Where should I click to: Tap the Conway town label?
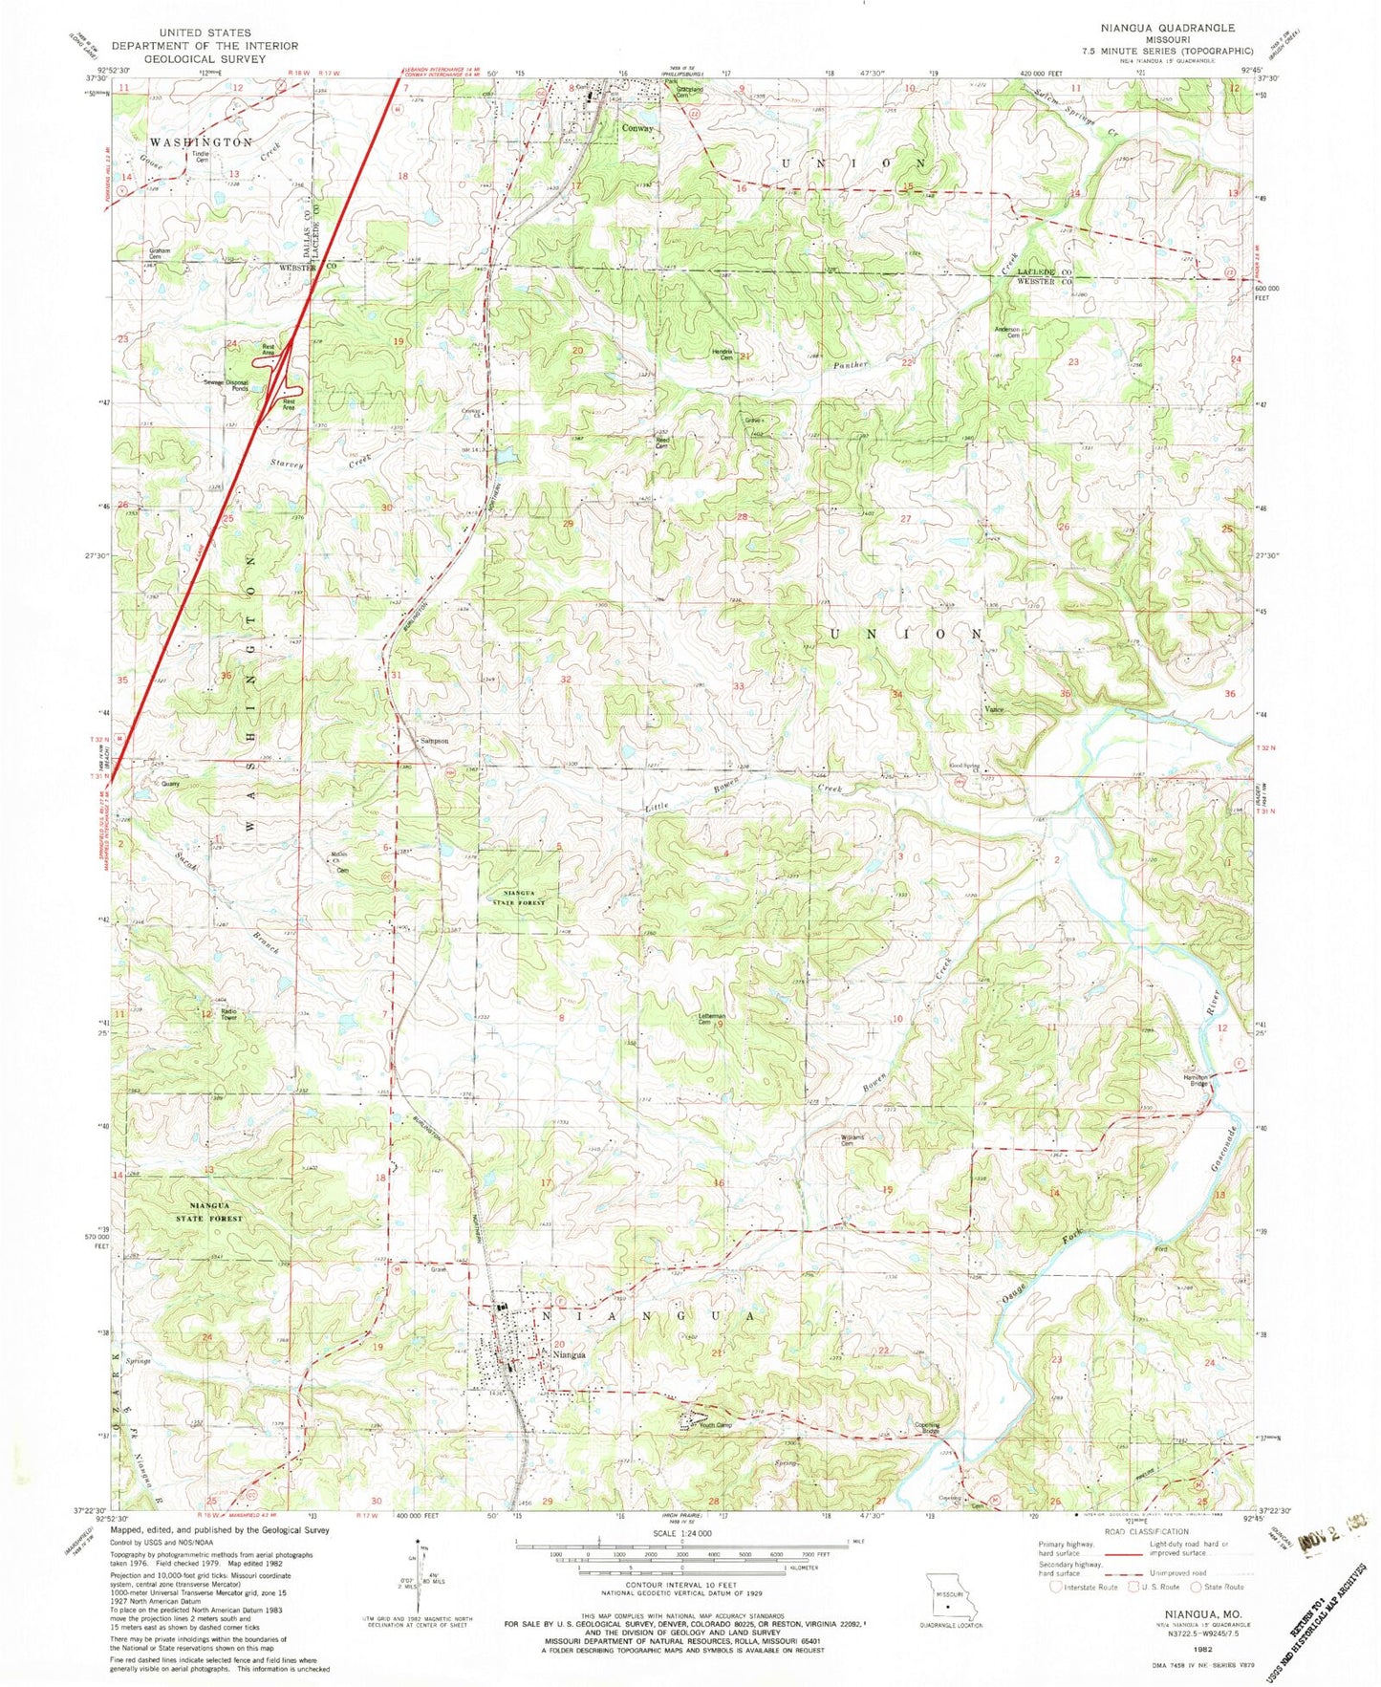[x=637, y=128]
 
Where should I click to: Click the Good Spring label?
[x=962, y=765]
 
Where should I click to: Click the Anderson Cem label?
[x=1009, y=332]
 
